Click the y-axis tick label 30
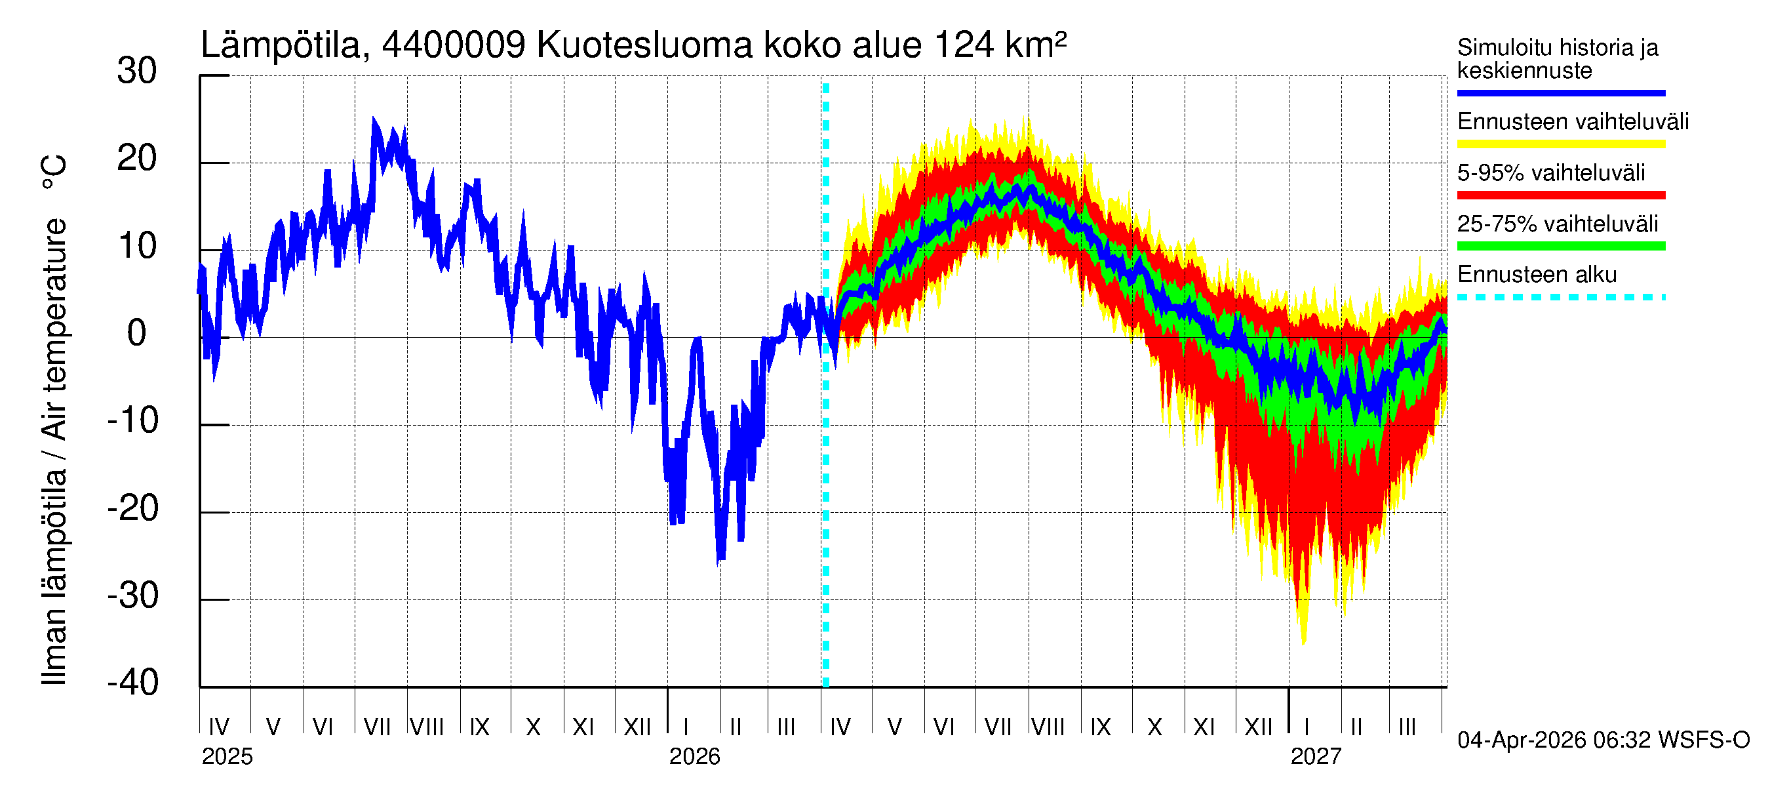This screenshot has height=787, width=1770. point(137,71)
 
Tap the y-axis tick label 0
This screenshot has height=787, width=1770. point(137,333)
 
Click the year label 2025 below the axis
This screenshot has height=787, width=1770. point(227,757)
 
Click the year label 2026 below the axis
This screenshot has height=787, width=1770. point(694,757)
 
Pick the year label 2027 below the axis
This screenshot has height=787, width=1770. point(1315,757)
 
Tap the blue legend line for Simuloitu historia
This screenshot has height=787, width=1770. point(1560,92)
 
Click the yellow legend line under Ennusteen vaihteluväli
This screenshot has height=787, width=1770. point(1560,144)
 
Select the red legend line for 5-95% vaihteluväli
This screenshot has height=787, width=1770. point(1560,195)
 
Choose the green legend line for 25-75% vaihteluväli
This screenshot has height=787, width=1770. point(1560,246)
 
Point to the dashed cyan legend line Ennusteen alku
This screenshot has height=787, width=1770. point(1560,297)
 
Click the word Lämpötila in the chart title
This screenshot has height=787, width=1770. point(281,45)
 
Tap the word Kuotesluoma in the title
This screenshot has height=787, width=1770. point(644,45)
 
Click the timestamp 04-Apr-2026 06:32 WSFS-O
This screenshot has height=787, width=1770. point(1603,740)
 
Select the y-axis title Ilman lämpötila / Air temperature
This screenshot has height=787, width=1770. point(54,419)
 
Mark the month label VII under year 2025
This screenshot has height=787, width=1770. point(376,727)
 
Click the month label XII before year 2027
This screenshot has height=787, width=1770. point(1258,727)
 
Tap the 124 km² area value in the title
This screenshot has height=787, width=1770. point(1000,45)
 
